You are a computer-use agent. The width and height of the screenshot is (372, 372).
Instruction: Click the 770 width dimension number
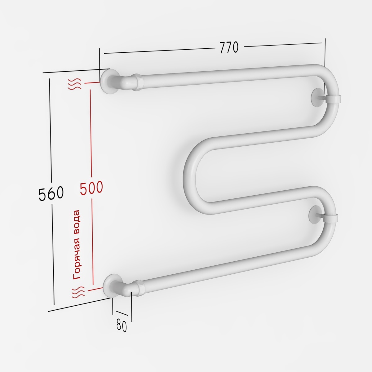pos(229,47)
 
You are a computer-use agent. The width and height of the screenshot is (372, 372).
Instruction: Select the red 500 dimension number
pos(91,188)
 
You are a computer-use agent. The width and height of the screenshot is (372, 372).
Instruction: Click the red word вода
pos(77,221)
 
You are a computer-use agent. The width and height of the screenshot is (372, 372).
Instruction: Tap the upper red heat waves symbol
pos(74,84)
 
